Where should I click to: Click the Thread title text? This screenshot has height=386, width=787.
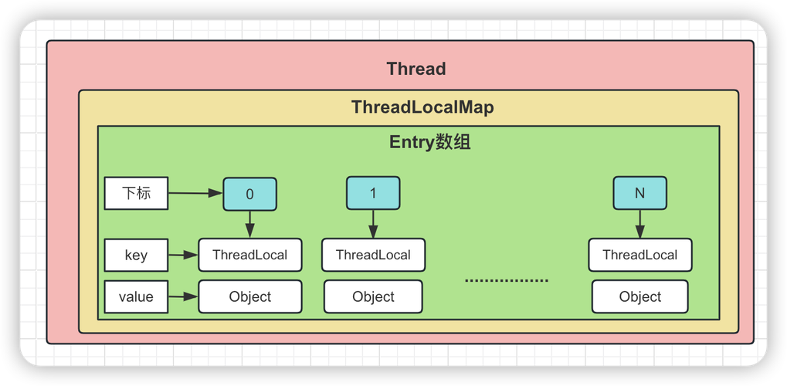[x=416, y=69]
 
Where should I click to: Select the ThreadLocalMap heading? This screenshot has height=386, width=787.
[x=422, y=107]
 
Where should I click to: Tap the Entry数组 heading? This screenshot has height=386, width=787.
[x=429, y=143]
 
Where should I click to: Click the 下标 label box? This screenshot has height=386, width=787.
[x=136, y=193]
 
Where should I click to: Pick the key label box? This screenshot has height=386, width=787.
[x=136, y=256]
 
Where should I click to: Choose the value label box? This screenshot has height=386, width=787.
[x=136, y=296]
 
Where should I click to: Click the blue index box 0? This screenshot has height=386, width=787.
[x=249, y=194]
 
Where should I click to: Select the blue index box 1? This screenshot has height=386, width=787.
[x=373, y=193]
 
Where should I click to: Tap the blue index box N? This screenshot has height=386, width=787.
[x=639, y=193]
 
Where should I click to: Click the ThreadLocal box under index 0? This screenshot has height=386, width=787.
[x=249, y=255]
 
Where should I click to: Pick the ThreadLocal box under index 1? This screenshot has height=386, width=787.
[x=373, y=255]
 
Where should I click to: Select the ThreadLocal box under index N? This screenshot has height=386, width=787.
[x=639, y=255]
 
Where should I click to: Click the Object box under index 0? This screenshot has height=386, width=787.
[x=249, y=296]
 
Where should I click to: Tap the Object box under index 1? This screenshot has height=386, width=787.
[x=373, y=296]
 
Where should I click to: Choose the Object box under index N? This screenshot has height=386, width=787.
[x=639, y=296]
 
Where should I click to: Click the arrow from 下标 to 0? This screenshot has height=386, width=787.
[x=195, y=193]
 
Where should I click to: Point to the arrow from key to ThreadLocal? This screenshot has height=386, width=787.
[x=183, y=256]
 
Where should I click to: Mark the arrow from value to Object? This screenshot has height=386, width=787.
[x=183, y=296]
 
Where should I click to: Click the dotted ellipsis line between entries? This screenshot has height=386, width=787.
[x=506, y=280]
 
